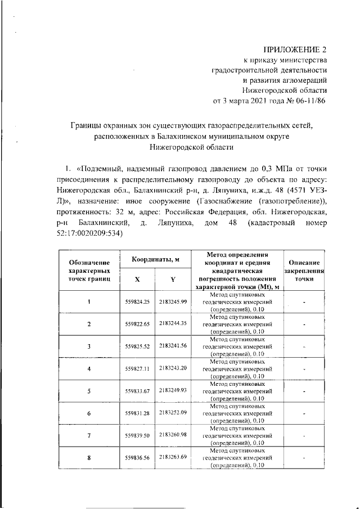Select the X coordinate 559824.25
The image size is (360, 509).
(x=137, y=303)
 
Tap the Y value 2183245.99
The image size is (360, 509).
(x=173, y=302)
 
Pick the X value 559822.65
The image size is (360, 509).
(x=137, y=325)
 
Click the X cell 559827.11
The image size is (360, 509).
(x=137, y=369)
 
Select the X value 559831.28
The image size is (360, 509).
(x=137, y=414)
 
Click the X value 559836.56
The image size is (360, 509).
(x=137, y=458)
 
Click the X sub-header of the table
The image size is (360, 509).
(x=137, y=278)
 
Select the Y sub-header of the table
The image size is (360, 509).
(x=173, y=278)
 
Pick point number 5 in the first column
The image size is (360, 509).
(x=89, y=391)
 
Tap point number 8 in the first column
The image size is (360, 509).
(x=89, y=458)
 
